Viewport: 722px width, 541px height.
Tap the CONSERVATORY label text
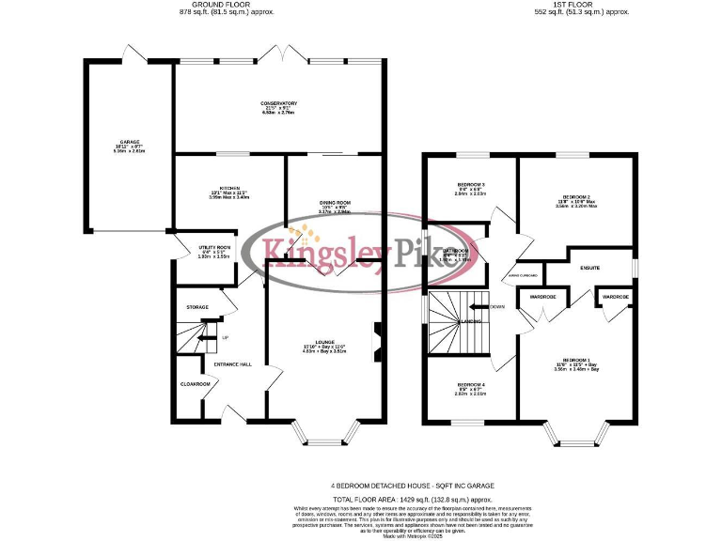[278, 103]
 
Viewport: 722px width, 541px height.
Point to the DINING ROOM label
[335, 202]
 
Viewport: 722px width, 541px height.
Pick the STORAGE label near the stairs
[196, 307]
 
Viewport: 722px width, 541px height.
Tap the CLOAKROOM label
[195, 383]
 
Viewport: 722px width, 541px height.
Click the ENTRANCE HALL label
[232, 363]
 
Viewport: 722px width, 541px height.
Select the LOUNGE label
[324, 342]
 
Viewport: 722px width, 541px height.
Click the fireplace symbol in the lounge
[378, 343]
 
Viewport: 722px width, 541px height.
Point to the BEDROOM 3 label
[470, 184]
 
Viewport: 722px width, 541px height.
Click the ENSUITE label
[589, 268]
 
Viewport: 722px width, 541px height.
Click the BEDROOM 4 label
[470, 384]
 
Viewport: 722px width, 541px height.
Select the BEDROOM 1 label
[577, 361]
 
